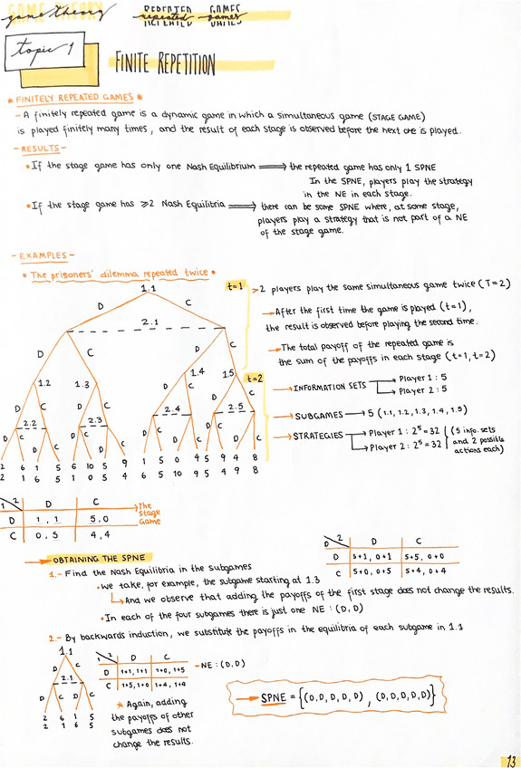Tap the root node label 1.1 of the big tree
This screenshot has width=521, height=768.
coord(150,288)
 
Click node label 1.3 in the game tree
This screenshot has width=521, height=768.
coord(83,384)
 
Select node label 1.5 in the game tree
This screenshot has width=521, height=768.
coord(228,373)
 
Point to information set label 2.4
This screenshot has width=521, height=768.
coord(172,409)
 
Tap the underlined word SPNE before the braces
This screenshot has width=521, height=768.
coord(273,698)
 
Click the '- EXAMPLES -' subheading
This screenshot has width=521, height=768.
coord(46,256)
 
